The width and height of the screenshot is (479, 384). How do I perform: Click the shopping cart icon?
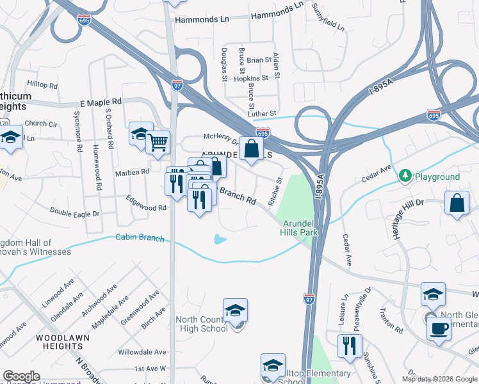(158, 142)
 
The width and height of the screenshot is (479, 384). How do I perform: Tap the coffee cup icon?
(439, 328)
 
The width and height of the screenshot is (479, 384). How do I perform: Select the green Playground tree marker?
(405, 175)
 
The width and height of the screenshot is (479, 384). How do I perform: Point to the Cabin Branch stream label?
(140, 238)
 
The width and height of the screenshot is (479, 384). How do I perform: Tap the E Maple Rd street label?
(101, 102)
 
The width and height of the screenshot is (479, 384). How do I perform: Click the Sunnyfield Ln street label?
(328, 17)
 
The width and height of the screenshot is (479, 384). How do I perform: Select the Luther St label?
(263, 113)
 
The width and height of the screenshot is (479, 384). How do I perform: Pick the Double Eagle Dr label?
(76, 212)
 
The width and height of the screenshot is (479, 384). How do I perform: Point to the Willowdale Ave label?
(142, 352)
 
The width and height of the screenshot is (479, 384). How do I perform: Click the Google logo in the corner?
(21, 376)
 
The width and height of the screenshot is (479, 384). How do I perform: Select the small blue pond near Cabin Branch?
(220, 240)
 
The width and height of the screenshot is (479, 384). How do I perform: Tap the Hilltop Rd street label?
(43, 84)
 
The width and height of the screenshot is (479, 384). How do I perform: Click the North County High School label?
(202, 324)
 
